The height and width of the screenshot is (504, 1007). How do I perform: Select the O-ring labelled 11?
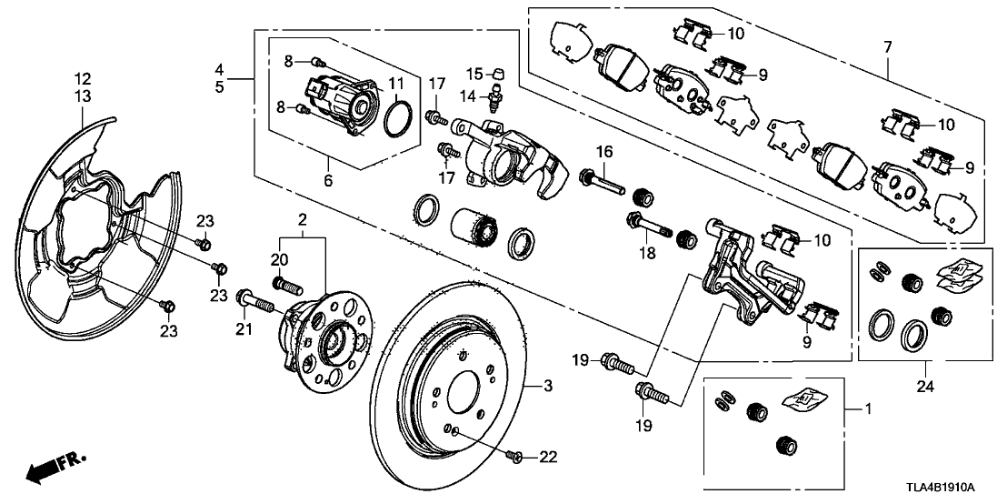397,118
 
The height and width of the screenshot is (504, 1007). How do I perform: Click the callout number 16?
602,150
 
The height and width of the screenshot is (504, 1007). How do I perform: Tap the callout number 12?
83,78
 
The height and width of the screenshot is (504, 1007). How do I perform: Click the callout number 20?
279,260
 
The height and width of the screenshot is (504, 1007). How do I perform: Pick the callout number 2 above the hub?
301,219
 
